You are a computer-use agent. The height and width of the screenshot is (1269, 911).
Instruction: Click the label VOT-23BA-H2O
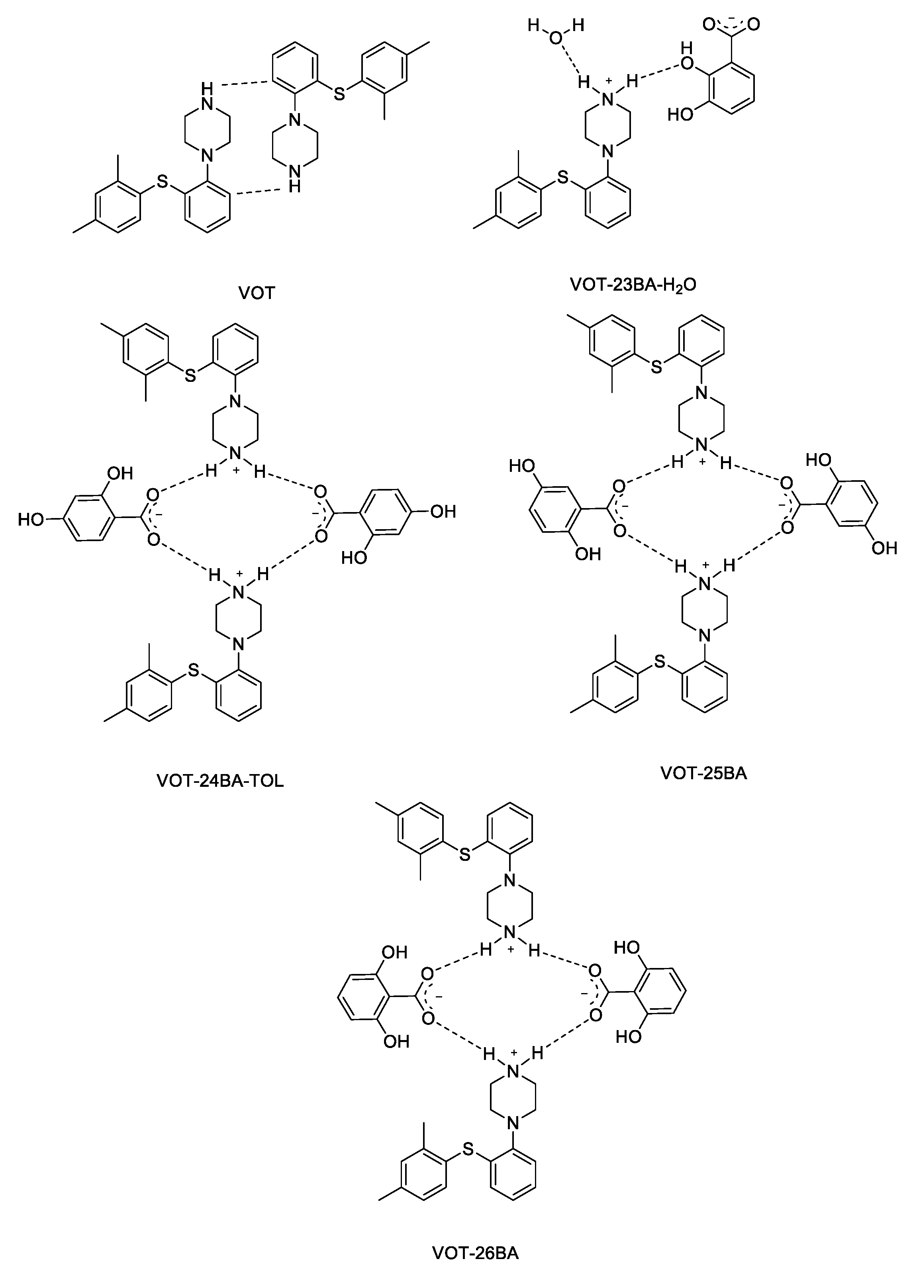click(633, 284)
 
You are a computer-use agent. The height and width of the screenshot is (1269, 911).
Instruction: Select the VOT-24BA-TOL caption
click(220, 780)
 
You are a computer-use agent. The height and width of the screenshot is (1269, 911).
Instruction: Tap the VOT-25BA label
click(703, 773)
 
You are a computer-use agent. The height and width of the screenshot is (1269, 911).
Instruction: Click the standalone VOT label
click(257, 293)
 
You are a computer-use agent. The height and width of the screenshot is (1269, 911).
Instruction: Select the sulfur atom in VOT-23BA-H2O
click(562, 178)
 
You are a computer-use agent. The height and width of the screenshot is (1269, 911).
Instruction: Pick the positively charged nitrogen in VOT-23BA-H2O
click(608, 99)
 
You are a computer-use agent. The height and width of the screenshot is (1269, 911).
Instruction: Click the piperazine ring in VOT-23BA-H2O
click(608, 124)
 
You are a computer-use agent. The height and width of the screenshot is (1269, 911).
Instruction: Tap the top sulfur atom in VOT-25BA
click(657, 366)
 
